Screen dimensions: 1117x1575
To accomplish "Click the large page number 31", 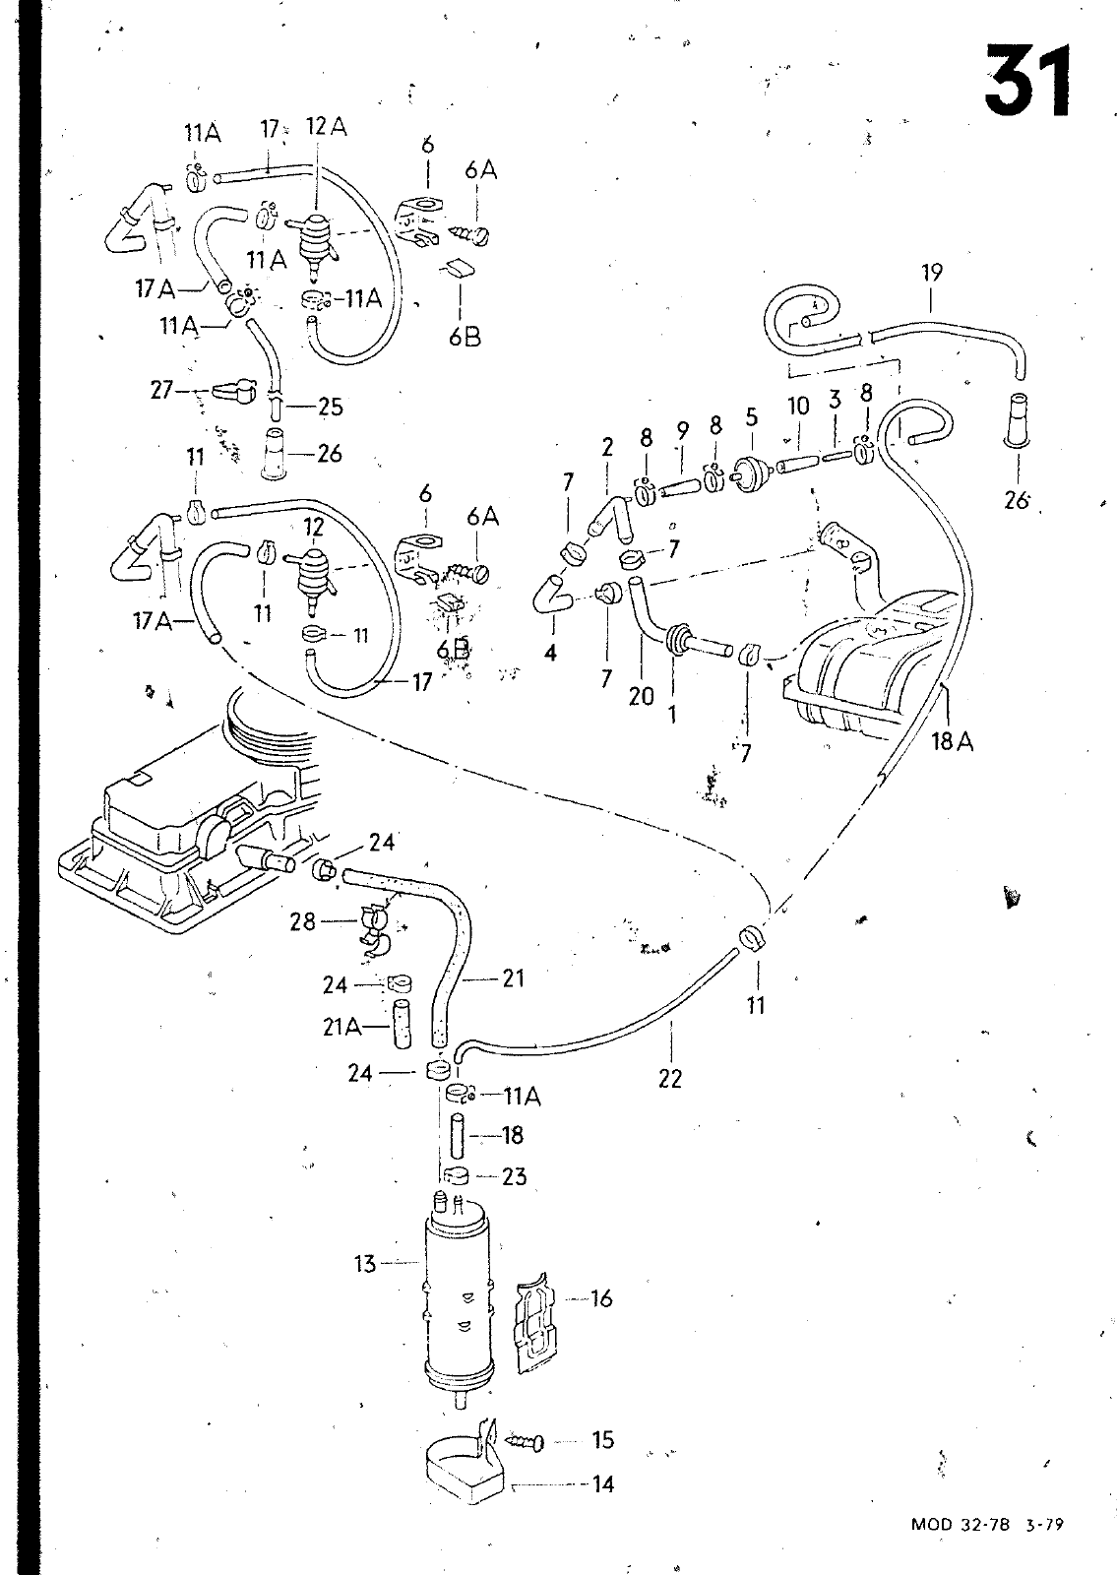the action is coord(1027,82).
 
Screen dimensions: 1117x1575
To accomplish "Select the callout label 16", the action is coord(601,1298).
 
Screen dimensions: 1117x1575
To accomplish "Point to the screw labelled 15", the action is coord(525,1441).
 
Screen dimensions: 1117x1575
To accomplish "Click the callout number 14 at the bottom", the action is coord(603,1484).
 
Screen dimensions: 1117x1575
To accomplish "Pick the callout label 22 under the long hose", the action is coord(670,1078).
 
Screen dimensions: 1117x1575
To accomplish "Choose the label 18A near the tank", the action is coord(953,740).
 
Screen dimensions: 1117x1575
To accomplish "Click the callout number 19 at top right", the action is coord(932,273).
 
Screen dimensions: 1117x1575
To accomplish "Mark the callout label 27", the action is coord(161,390).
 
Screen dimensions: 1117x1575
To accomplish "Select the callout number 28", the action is coord(303,921).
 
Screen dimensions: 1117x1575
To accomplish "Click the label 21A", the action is coord(342,1028).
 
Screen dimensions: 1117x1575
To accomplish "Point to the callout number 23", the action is coord(515,1176).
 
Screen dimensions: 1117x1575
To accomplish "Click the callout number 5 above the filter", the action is coord(752,417).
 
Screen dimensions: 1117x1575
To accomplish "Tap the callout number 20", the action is coord(641,696).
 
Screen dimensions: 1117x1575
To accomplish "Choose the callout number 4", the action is coord(550,653).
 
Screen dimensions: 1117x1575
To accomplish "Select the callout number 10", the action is coord(798,406).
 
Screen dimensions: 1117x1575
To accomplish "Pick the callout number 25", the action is coord(331,407).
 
